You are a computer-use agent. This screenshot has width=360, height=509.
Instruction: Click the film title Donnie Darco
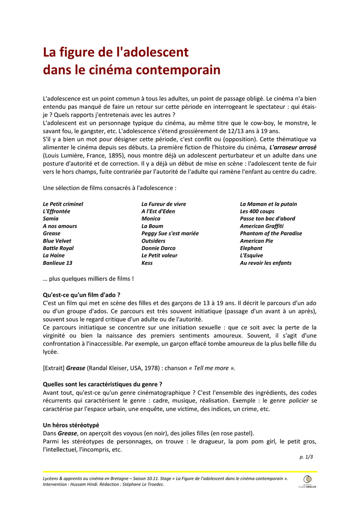pyautogui.click(x=158, y=248)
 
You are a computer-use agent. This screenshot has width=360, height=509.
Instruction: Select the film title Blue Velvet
pyautogui.click(x=57, y=241)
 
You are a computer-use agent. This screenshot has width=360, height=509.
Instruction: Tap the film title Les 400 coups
pyautogui.click(x=257, y=211)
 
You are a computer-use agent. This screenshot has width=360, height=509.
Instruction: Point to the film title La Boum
pyautogui.click(x=152, y=226)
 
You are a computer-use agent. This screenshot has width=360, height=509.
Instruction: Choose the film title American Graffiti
pyautogui.click(x=262, y=226)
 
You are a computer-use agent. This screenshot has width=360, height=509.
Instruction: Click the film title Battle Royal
pyautogui.click(x=58, y=248)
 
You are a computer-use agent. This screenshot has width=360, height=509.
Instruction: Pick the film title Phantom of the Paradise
pyautogui.click(x=270, y=234)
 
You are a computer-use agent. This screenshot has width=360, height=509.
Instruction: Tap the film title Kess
pyautogui.click(x=147, y=263)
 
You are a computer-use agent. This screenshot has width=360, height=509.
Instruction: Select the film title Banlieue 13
pyautogui.click(x=57, y=263)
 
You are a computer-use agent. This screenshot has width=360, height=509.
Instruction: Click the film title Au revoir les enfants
pyautogui.click(x=266, y=263)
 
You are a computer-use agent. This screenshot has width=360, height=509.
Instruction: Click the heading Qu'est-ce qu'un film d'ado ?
pyautogui.click(x=82, y=294)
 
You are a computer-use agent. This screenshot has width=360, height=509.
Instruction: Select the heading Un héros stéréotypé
pyautogui.click(x=71, y=425)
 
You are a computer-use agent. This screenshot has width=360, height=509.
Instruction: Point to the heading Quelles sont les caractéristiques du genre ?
pyautogui.click(x=102, y=384)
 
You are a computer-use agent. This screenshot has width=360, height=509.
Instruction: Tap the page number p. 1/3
pyautogui.click(x=306, y=456)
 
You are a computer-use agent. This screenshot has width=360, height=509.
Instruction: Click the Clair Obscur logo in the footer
pyautogui.click(x=307, y=481)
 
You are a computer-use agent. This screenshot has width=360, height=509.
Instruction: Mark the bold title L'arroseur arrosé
pyautogui.click(x=293, y=148)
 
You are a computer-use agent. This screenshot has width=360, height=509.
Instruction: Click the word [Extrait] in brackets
pyautogui.click(x=54, y=368)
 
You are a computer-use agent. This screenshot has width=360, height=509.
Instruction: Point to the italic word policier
pyautogui.click(x=299, y=400)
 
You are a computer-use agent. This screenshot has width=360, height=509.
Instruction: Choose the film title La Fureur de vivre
pyautogui.click(x=164, y=204)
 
